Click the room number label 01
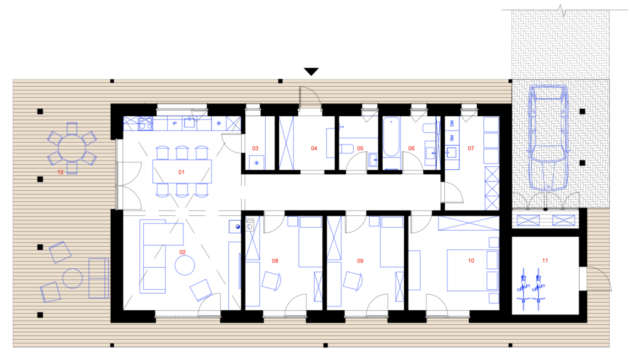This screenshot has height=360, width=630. click(181, 172)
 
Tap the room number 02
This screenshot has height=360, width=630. click(182, 252)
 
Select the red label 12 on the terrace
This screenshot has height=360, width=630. click(60, 172)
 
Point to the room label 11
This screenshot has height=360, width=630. click(545, 260)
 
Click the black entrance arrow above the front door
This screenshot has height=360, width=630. click(311, 71)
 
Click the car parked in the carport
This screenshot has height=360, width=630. click(548, 137)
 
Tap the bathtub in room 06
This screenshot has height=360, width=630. click(391, 137)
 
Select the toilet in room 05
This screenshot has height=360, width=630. click(346, 149)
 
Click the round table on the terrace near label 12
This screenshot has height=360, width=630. click(72, 148)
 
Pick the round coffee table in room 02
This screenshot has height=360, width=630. click(185, 265)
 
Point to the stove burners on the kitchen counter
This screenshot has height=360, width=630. click(145, 123)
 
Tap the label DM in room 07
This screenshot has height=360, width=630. click(452, 123)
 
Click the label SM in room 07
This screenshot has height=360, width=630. click(452, 138)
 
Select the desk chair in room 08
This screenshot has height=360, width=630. click(271, 281)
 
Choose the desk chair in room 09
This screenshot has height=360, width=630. click(353, 281)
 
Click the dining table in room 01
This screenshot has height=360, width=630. click(182, 172)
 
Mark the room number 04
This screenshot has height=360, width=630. click(314, 148)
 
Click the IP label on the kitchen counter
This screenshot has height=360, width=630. click(174, 123)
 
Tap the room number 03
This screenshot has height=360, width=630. click(255, 148)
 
